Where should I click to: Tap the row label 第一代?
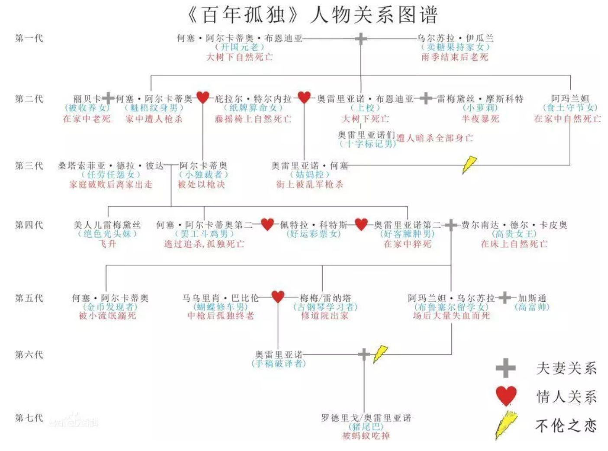(29, 38)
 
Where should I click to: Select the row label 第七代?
(29, 418)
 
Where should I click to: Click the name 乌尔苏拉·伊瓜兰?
(455, 38)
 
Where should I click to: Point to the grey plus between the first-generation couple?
(361, 39)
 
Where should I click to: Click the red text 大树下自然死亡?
(239, 57)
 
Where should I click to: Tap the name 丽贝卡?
(87, 99)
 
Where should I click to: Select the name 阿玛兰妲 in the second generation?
(570, 99)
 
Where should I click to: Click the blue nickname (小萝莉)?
(480, 108)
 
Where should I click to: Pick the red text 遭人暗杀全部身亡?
(435, 138)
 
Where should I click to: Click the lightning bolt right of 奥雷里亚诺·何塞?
(469, 164)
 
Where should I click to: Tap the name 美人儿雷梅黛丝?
(107, 225)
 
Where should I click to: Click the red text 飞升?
(107, 244)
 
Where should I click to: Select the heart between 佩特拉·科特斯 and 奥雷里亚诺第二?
(361, 224)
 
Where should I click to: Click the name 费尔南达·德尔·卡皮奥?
(514, 225)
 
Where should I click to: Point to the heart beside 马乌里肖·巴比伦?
(278, 297)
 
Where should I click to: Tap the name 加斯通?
(532, 298)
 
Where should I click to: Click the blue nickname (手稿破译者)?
(279, 364)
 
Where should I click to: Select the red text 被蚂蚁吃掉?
(366, 436)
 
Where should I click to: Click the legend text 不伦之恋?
(566, 426)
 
